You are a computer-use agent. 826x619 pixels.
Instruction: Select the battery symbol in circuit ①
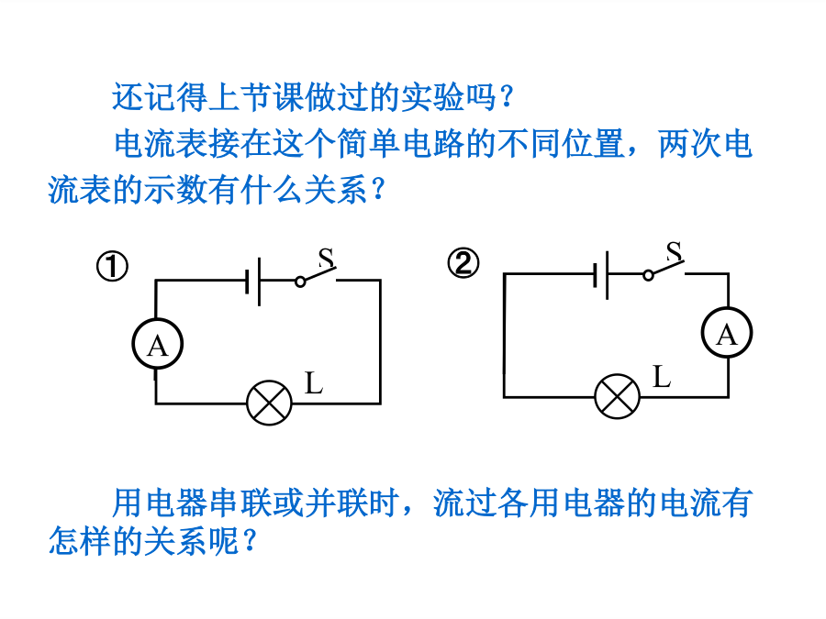(x=253, y=282)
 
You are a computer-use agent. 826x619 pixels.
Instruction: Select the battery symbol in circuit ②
(x=601, y=275)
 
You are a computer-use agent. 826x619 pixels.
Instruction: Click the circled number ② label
(x=463, y=263)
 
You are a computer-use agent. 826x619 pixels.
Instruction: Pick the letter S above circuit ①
(x=326, y=258)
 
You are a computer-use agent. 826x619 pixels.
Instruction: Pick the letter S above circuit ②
(x=675, y=251)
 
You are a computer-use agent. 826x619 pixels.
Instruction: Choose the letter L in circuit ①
(x=314, y=382)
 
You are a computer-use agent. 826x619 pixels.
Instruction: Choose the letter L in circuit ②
(x=662, y=377)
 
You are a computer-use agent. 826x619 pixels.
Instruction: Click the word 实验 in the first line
(x=432, y=97)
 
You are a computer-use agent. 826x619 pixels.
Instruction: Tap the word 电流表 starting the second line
(x=162, y=143)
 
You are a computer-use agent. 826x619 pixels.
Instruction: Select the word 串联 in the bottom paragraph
(x=240, y=503)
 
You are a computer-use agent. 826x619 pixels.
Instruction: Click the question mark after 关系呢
(x=251, y=540)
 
